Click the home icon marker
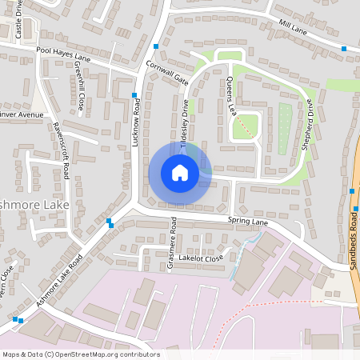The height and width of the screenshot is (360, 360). [x=179, y=172]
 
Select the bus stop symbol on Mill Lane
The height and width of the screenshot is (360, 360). [x=344, y=49]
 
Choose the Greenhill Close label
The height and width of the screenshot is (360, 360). [x=81, y=92]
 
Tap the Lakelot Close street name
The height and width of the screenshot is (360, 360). [x=202, y=258]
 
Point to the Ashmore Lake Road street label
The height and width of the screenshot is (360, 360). [x=59, y=280]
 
